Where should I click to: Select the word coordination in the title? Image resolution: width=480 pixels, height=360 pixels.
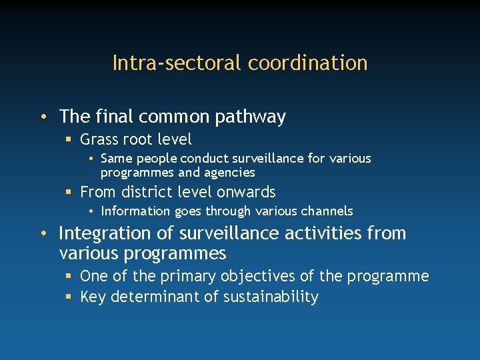click(308, 63)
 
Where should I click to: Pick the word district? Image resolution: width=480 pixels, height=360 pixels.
click(147, 192)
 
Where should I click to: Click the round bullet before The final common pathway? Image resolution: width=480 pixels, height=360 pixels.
click(42, 117)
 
